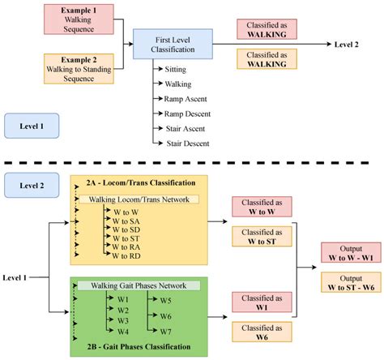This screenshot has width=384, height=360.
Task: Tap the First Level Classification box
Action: click(x=173, y=46)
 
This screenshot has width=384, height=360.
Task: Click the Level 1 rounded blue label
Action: click(x=31, y=127)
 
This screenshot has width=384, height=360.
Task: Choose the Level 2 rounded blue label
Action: click(x=31, y=186)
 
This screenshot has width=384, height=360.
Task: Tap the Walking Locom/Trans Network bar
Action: click(x=139, y=199)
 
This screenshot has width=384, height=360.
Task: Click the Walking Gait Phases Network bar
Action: click(x=139, y=285)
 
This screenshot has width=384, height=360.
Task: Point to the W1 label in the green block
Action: click(x=123, y=298)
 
